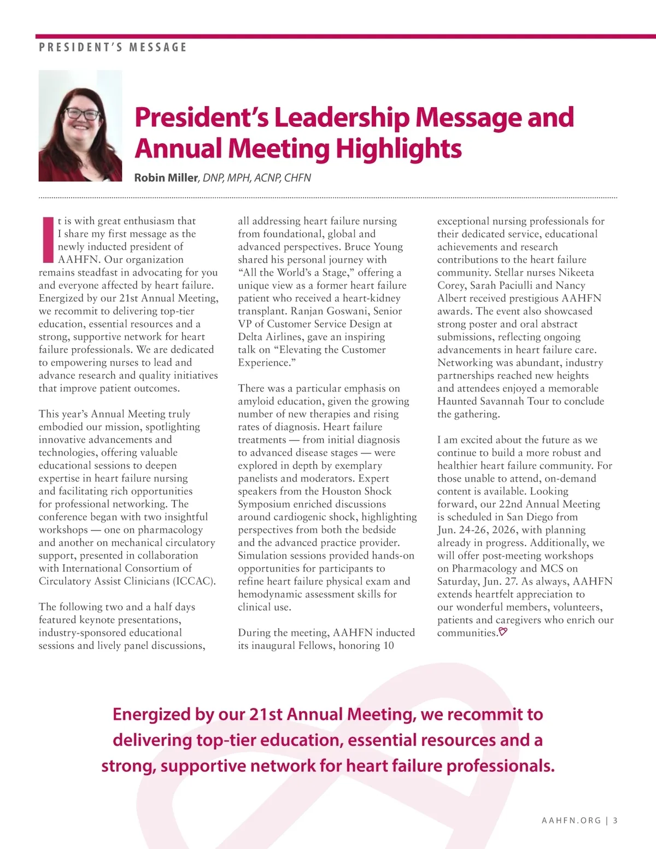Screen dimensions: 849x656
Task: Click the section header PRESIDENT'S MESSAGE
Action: pyautogui.click(x=113, y=48)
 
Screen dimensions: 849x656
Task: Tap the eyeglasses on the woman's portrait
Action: pyautogui.click(x=83, y=114)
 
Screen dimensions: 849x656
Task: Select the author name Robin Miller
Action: pyautogui.click(x=166, y=178)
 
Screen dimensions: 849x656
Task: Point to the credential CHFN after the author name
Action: pyautogui.click(x=297, y=178)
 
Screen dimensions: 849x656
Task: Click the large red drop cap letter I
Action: pyautogui.click(x=48, y=239)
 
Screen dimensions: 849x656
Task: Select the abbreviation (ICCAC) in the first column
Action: pyautogui.click(x=195, y=581)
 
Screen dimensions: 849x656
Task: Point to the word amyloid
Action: pyautogui.click(x=258, y=401)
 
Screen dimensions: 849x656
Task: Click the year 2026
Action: pyautogui.click(x=506, y=530)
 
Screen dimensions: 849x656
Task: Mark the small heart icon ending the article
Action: pyautogui.click(x=503, y=633)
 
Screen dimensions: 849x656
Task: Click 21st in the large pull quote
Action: pyautogui.click(x=265, y=715)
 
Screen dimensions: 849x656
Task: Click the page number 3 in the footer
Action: pyautogui.click(x=616, y=821)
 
